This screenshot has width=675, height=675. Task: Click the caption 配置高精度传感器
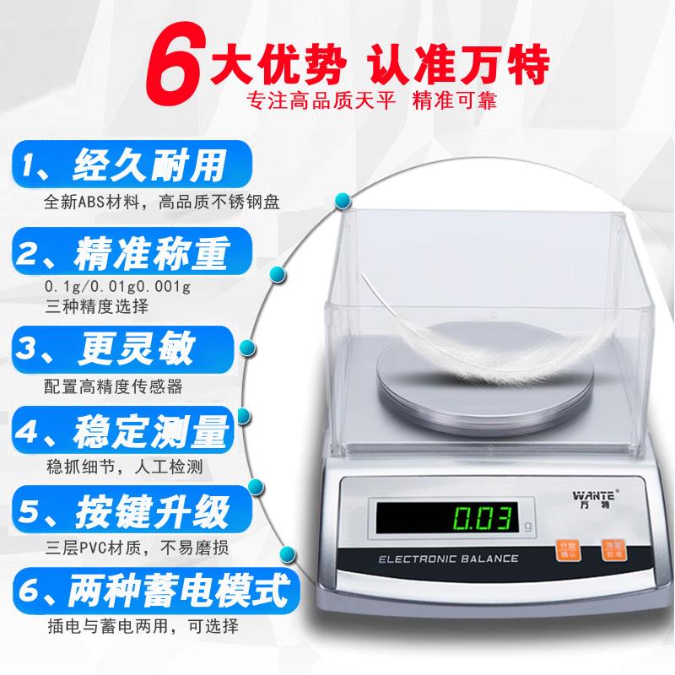click(114, 386)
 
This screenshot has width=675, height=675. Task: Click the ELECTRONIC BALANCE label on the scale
click(447, 559)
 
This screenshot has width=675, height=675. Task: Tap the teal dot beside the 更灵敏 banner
click(249, 348)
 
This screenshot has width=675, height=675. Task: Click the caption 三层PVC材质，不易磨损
click(140, 546)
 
